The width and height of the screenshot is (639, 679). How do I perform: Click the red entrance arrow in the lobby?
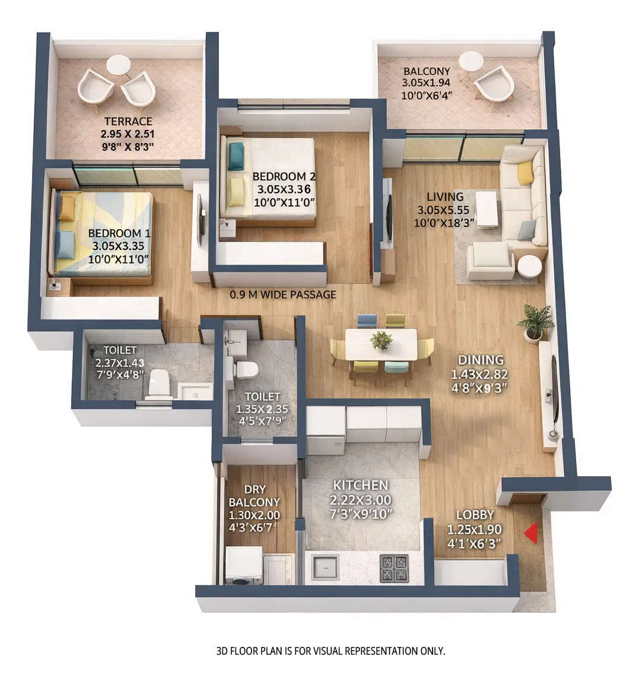coord(531,532)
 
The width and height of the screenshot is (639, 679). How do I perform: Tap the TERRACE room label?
coord(129,121)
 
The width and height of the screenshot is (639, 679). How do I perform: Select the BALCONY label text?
coord(426,72)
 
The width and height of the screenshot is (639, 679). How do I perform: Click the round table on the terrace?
coord(118,64)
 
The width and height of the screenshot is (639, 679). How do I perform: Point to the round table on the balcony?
coord(471,61)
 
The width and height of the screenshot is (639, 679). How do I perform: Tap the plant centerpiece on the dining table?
coord(381,340)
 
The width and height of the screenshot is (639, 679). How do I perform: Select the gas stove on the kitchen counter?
coord(394,567)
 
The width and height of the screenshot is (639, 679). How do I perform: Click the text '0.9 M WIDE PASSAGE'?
coord(283,294)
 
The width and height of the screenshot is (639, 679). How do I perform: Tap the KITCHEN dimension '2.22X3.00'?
coord(361,500)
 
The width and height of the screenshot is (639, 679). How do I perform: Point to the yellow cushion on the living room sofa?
coord(525,173)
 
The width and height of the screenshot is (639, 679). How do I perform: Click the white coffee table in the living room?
coord(487,208)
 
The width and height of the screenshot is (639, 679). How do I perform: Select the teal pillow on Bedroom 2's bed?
coord(236,156)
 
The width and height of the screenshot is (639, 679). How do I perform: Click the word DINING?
coord(481,360)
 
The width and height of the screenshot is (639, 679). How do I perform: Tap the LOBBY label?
coord(475,515)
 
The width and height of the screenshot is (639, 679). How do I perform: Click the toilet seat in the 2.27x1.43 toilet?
coord(160,382)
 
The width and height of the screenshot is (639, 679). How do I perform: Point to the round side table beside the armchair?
coord(529,266)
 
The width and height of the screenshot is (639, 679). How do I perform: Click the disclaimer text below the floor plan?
coord(330,651)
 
